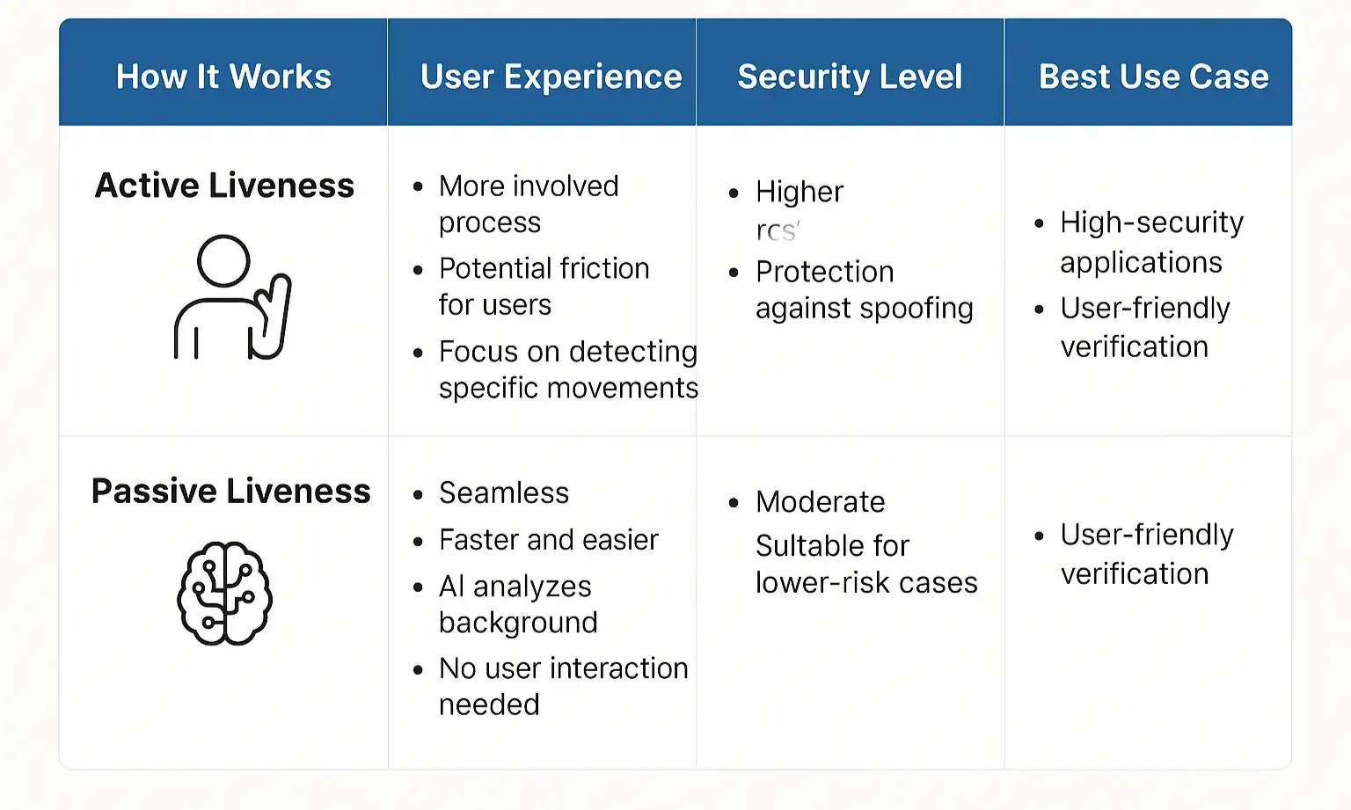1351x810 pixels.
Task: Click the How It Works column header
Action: pyautogui.click(x=223, y=77)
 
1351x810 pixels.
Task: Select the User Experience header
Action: pyautogui.click(x=551, y=77)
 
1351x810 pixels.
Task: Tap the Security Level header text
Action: pyautogui.click(x=850, y=77)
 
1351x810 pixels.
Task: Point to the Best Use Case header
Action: pyautogui.click(x=1153, y=77)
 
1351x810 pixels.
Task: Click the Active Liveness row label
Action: pyautogui.click(x=224, y=186)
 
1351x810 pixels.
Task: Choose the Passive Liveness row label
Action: pyautogui.click(x=230, y=491)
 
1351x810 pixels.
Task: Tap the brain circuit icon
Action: pyautogui.click(x=225, y=593)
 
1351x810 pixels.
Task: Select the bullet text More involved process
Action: pyautogui.click(x=528, y=204)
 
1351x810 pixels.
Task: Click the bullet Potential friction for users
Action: pyautogui.click(x=544, y=286)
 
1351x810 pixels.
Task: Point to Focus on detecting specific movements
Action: pyautogui.click(x=567, y=369)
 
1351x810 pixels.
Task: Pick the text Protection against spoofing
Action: pyautogui.click(x=864, y=289)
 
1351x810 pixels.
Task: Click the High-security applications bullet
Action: pyautogui.click(x=1151, y=242)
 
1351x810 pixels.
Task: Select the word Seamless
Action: pyautogui.click(x=504, y=493)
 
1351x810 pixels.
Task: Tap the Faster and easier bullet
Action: pyautogui.click(x=548, y=539)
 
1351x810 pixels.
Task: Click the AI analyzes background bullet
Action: pyautogui.click(x=517, y=604)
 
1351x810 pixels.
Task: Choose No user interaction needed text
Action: pyautogui.click(x=563, y=686)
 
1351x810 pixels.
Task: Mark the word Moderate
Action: pyautogui.click(x=820, y=501)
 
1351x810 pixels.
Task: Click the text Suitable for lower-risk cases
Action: pyautogui.click(x=865, y=564)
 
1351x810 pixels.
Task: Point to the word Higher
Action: pyautogui.click(x=799, y=192)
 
